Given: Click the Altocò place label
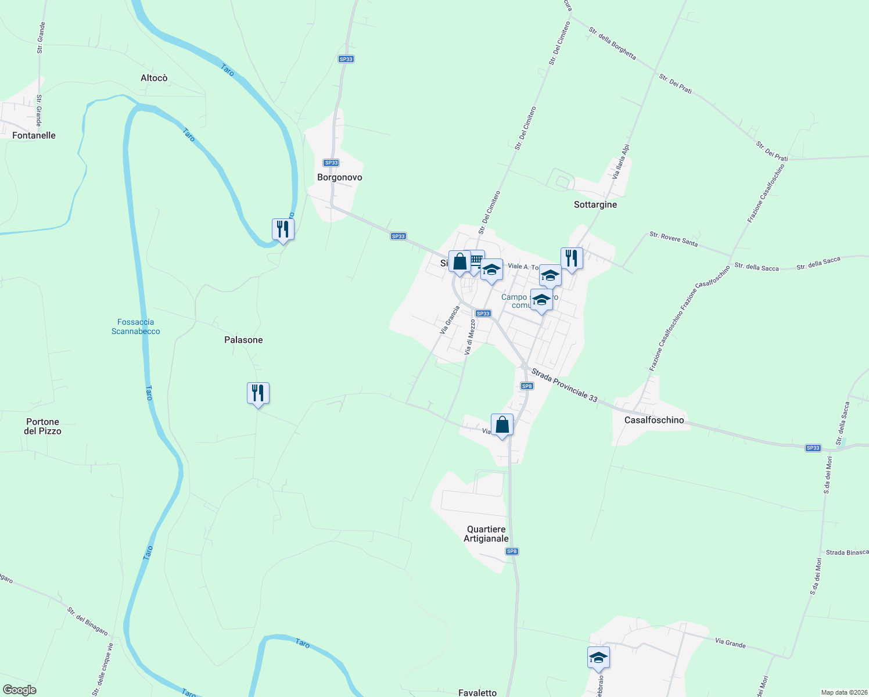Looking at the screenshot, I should pos(154,78).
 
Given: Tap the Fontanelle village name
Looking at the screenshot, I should pos(34,135).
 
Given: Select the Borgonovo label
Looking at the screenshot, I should pos(340,177).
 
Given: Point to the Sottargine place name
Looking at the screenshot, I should pos(595,204).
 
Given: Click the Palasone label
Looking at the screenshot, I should pos(243,340).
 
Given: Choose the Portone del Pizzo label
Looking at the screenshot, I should pos(42,426).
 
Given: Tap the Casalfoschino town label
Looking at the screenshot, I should pos(654,420).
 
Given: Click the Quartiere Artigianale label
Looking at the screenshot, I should pos(486,534).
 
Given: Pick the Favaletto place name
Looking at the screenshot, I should pos(477,692).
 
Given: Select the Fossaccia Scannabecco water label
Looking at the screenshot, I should pos(136,326).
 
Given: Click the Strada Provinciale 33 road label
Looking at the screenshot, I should pos(564,386).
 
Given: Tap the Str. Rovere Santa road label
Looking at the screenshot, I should pos(673,239).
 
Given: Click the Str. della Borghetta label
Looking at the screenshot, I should pos(612,44).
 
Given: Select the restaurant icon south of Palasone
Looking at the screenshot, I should pos(258,393).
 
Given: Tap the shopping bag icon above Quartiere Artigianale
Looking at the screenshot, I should pos(502,425).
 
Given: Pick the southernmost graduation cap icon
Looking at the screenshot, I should pos(598,658).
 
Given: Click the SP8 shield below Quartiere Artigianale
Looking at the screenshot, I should pos(511,551).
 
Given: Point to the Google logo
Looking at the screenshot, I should pos(20,690).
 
